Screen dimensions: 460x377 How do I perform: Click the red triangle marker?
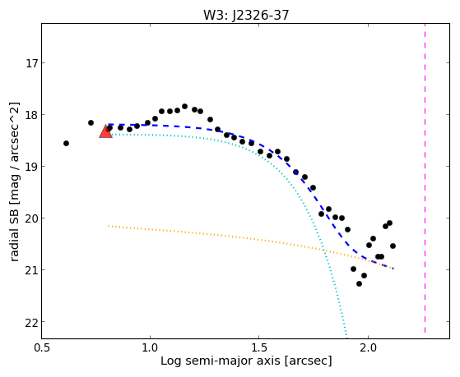click(105, 131)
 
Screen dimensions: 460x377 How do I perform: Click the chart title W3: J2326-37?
click(246, 16)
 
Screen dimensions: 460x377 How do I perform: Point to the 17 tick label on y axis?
click(33, 63)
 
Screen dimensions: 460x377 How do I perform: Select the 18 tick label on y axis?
click(33, 115)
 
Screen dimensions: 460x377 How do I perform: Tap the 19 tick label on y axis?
click(33, 167)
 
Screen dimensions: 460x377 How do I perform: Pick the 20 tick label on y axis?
click(33, 218)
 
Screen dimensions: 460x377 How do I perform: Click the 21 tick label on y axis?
click(33, 269)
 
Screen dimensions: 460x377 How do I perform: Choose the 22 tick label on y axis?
click(33, 322)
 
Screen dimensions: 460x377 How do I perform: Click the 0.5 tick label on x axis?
click(42, 348)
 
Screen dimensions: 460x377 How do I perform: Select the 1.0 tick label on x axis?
click(151, 348)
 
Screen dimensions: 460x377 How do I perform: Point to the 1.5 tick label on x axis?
click(259, 348)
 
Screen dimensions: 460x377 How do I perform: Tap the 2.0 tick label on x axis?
click(368, 348)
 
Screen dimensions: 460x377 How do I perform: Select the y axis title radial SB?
click(14, 234)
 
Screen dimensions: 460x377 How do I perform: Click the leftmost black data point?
click(66, 143)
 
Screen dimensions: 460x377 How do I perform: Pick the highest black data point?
click(184, 106)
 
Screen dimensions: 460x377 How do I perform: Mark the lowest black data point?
click(359, 284)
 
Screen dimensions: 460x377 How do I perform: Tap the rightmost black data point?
click(393, 246)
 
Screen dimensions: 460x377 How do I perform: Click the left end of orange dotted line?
click(109, 226)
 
